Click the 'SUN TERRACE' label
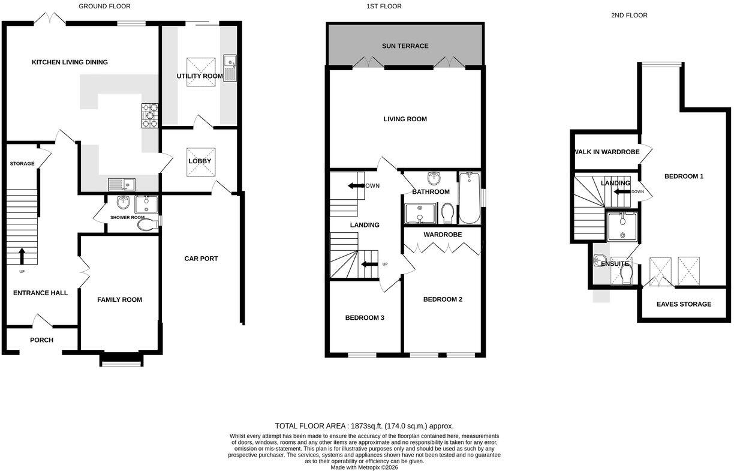(x=405, y=46)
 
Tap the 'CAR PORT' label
(x=201, y=259)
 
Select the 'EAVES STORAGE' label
(x=684, y=304)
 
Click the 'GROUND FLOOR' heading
(x=104, y=6)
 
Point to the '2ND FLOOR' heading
(x=629, y=16)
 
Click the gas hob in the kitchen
(x=150, y=115)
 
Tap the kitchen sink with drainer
(x=122, y=185)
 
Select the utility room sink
(x=230, y=68)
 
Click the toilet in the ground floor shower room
(x=148, y=224)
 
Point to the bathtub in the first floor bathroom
(x=470, y=198)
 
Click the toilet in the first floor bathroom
(x=447, y=213)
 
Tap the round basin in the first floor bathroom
(x=434, y=178)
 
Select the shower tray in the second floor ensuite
(x=622, y=227)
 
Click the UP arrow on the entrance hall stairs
(x=22, y=256)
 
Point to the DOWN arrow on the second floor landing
(x=622, y=192)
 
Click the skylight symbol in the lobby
(x=201, y=162)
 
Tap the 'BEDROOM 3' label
(x=365, y=317)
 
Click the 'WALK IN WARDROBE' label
(x=607, y=152)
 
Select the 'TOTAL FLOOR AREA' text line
(x=364, y=426)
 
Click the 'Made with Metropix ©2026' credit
(x=364, y=467)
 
